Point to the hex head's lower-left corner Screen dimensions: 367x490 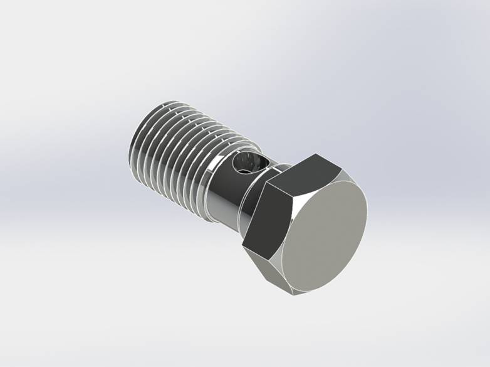[x=242, y=245]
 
